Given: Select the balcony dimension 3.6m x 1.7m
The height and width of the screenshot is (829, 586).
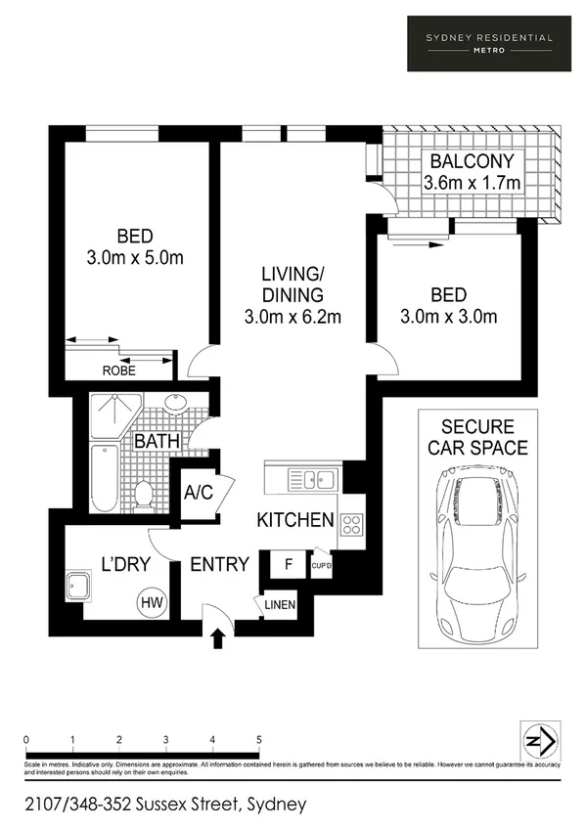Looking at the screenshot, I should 471,183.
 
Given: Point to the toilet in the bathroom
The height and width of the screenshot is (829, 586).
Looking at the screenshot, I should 144,494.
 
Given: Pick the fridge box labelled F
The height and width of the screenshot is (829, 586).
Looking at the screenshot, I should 288,564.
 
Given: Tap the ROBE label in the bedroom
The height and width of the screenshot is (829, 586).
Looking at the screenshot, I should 118,371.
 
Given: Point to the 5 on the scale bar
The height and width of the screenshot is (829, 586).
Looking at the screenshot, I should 258,739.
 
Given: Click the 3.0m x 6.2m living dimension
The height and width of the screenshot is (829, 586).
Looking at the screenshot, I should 293,316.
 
